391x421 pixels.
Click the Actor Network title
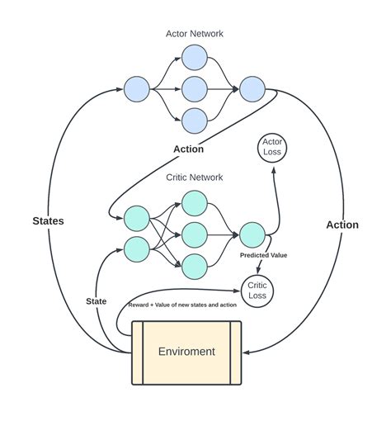[x=194, y=34]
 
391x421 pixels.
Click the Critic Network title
[x=194, y=177]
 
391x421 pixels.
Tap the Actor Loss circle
[x=271, y=147]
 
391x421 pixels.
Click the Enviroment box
[x=187, y=352]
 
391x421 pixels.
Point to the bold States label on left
[x=49, y=220]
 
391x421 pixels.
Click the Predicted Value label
[x=263, y=256]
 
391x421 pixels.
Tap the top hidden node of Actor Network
[x=194, y=57]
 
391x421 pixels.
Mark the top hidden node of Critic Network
[x=194, y=203]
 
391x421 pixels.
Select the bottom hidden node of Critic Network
[x=194, y=265]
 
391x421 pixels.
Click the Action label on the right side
[x=342, y=225]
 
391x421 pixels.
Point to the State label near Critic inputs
[x=97, y=301]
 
